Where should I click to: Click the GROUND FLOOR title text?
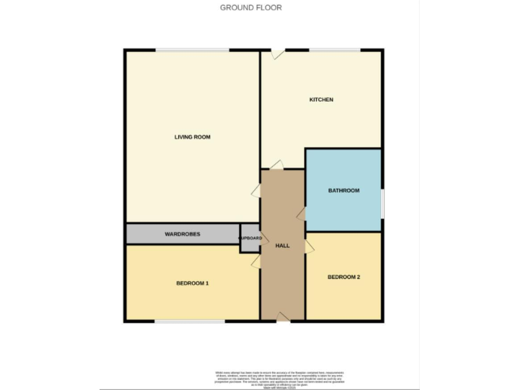[x=251, y=7]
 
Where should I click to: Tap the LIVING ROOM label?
[x=192, y=137]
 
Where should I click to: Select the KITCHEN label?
[x=321, y=100]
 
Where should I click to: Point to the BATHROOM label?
[x=343, y=190]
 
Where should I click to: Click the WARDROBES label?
[x=181, y=234]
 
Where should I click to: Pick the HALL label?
[x=282, y=246]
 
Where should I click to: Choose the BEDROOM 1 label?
[x=192, y=283]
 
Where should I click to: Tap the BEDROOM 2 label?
[x=343, y=277]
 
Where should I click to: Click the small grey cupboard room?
[x=250, y=238]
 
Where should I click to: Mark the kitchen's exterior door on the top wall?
[x=277, y=53]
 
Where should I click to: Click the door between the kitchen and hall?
[x=277, y=165]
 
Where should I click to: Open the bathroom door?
[x=301, y=214]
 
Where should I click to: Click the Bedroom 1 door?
[x=257, y=261]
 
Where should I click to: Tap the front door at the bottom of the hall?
[x=283, y=318]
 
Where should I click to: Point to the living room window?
[x=192, y=49]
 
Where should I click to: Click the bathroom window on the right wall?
[x=383, y=203]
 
